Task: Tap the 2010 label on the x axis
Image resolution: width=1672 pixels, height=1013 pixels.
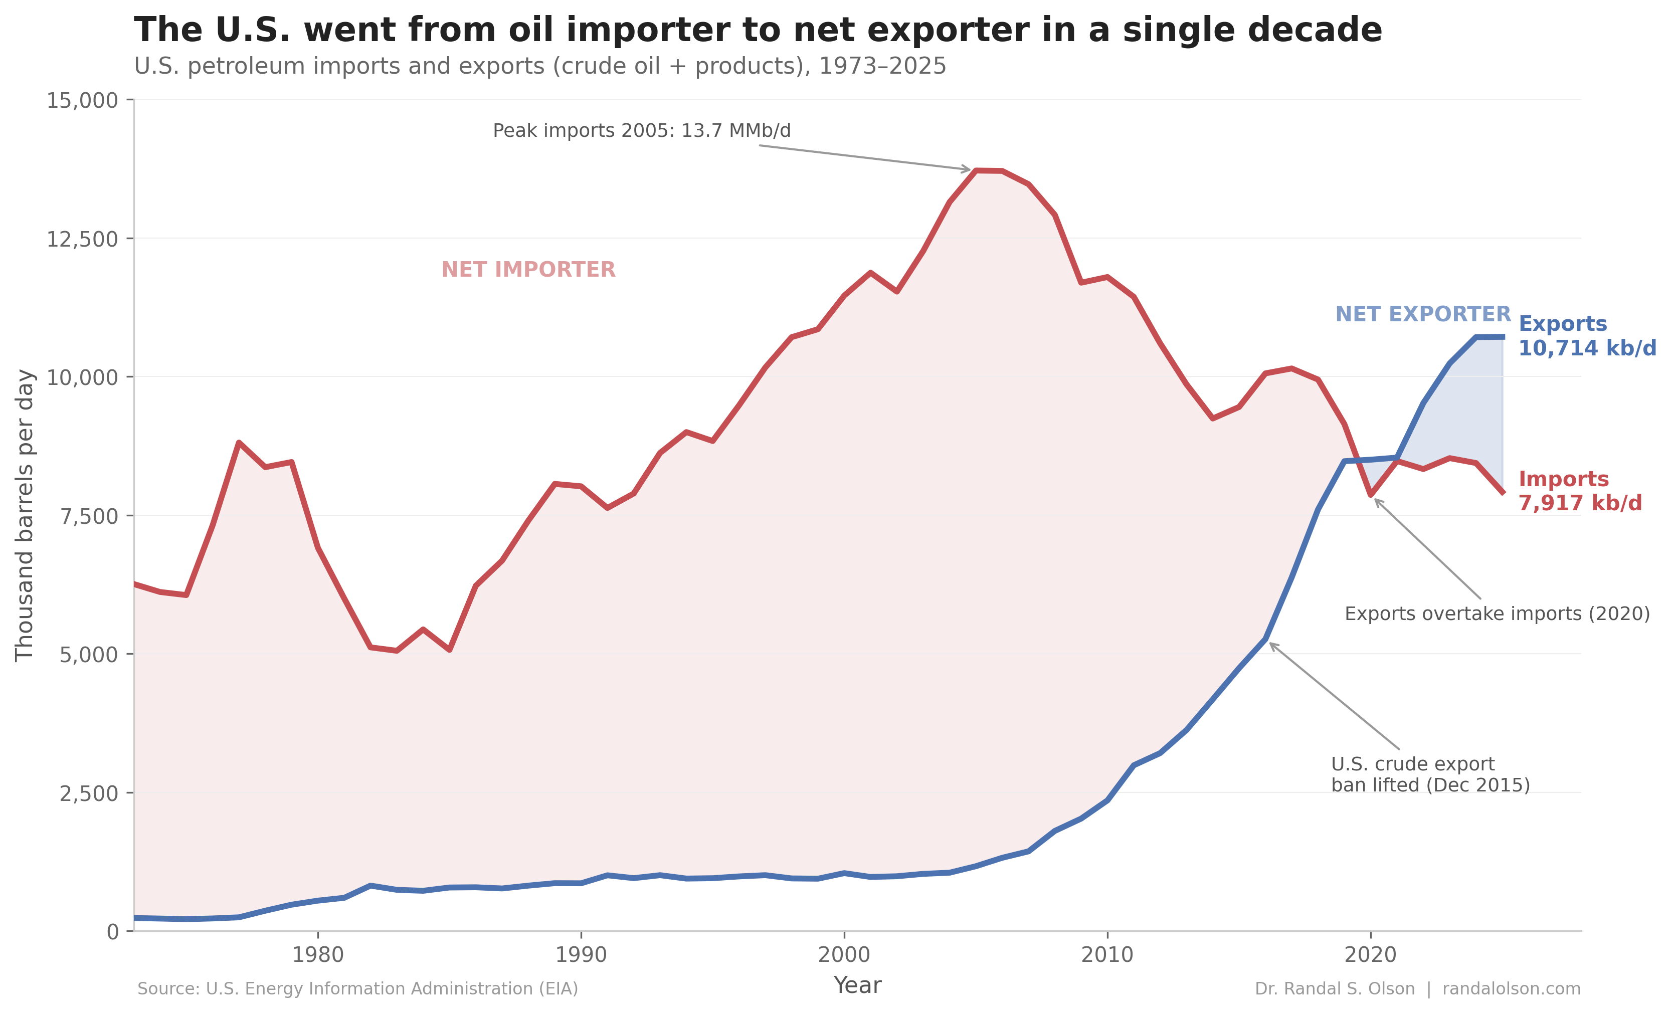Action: point(1107,955)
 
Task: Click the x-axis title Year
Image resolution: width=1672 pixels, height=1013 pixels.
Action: point(857,985)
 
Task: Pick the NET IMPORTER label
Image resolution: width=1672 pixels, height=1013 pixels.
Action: point(528,270)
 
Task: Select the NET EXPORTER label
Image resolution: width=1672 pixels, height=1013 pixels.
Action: point(1422,314)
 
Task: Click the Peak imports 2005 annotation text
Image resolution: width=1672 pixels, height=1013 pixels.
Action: point(641,130)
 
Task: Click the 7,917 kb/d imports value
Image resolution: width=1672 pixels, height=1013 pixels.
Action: point(1580,503)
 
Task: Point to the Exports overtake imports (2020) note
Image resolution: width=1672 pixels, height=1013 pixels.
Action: point(1497,614)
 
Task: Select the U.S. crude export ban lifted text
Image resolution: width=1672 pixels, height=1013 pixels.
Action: point(1430,775)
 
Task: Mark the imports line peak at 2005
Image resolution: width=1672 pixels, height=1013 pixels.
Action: point(976,170)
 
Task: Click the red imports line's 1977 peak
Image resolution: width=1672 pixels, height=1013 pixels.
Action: point(239,443)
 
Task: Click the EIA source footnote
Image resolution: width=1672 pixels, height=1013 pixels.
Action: point(357,988)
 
